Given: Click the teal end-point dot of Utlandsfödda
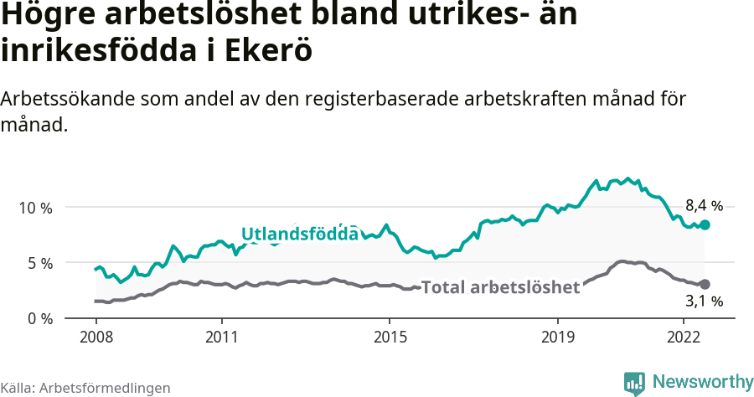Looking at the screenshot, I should [x=705, y=224].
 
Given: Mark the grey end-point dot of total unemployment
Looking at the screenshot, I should [x=705, y=285].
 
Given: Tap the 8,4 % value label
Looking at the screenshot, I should [x=704, y=205].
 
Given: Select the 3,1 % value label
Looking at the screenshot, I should [x=704, y=301].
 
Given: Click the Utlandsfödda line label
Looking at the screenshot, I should [x=300, y=234].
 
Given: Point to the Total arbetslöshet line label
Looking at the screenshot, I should [x=500, y=287].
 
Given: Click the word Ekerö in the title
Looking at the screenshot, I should [x=269, y=50].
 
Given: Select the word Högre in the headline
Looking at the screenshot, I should [x=53, y=15].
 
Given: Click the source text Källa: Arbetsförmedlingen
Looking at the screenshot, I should [x=85, y=388].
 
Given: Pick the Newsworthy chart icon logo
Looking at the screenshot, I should [x=634, y=383].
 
